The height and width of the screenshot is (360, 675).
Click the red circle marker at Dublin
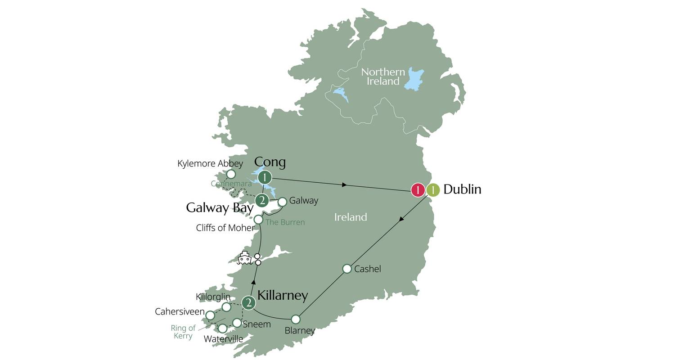point(418,190)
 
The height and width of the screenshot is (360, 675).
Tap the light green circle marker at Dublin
point(433,190)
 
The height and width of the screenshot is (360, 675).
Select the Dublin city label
point(462,189)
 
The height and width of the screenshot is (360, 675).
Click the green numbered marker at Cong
point(265,177)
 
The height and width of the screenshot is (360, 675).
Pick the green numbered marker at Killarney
point(248,303)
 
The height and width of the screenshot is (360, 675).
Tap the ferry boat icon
point(244,258)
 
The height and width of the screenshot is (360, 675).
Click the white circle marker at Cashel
point(347,269)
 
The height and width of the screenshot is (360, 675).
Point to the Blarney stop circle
point(296,319)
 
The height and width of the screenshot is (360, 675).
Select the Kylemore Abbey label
point(210,163)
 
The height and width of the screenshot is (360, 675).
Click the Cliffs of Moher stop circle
point(258,220)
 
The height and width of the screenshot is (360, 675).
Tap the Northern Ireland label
point(383,76)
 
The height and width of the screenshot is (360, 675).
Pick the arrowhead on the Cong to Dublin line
point(344,184)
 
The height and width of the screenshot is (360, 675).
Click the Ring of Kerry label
point(183,332)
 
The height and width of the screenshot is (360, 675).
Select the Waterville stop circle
point(222,328)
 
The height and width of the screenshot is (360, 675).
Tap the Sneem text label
point(256,324)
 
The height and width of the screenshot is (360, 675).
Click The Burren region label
point(285,222)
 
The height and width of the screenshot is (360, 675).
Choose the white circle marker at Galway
point(282,202)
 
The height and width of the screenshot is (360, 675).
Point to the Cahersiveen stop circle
point(210,315)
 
